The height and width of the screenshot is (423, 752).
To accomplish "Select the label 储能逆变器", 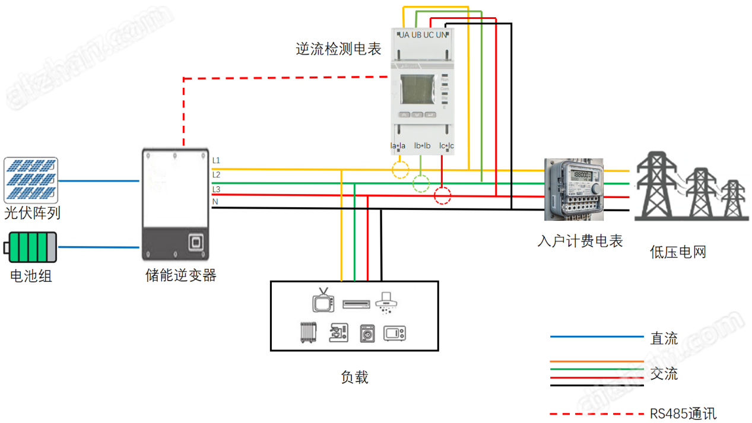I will tap(181, 275).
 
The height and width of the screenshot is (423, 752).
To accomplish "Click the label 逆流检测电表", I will tap(338, 49).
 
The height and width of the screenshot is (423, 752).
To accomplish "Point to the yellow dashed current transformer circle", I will tap(401, 170).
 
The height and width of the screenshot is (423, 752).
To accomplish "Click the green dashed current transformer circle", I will tap(421, 184).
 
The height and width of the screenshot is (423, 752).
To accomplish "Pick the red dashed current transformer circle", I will tap(442, 196).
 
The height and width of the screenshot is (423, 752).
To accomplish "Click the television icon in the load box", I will tap(323, 301).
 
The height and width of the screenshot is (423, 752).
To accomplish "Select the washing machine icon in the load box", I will tap(368, 333).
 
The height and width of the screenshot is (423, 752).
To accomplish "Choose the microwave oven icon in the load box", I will tap(395, 333).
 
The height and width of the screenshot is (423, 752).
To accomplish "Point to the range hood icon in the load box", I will tap(387, 301).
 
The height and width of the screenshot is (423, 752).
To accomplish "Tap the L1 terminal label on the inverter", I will tap(216, 161).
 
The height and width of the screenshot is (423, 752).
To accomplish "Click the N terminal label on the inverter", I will tap(215, 202).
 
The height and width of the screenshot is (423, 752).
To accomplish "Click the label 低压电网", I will tap(678, 252).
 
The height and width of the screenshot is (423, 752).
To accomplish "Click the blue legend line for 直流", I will tap(596, 337).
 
